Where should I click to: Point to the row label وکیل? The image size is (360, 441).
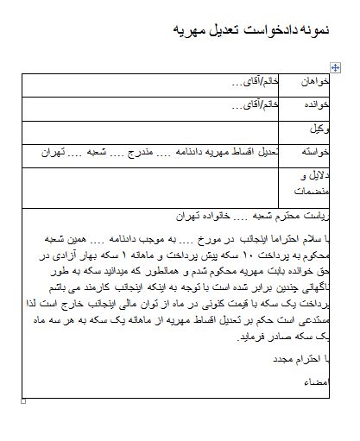[x=320, y=129]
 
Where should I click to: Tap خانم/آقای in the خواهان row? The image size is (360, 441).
[x=255, y=83]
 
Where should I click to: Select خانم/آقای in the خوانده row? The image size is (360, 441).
[x=255, y=106]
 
